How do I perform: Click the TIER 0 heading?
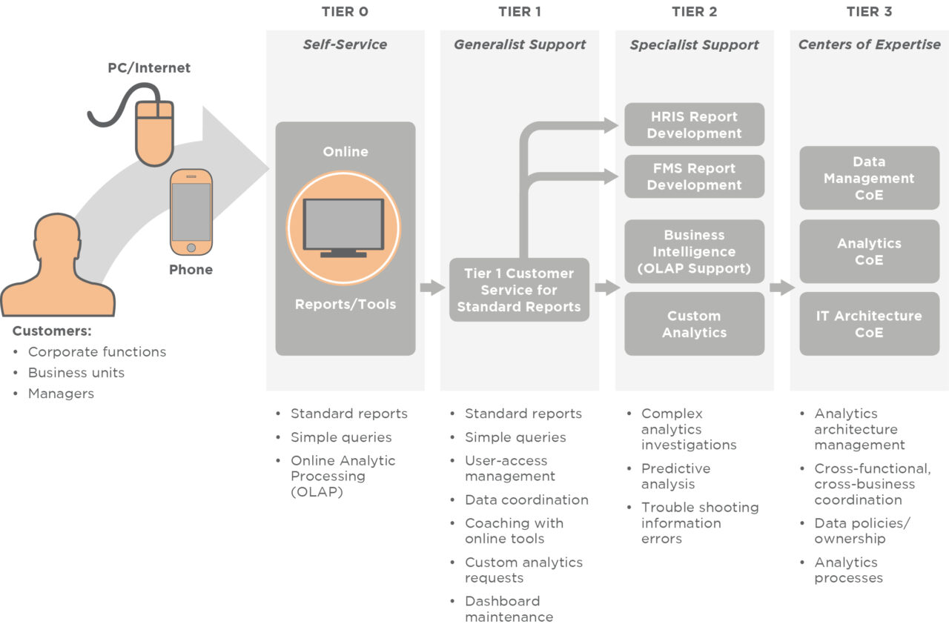345,12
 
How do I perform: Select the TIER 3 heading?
869,12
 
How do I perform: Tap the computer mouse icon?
153,133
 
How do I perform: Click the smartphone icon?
191,212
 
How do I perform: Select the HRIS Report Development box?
694,125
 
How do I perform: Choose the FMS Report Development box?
694,176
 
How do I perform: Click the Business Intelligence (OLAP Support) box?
694,251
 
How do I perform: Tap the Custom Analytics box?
694,324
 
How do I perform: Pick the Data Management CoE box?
869,178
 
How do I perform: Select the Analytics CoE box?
869,251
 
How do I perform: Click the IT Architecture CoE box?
869,324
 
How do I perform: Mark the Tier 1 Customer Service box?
519,290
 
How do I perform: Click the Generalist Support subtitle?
520,44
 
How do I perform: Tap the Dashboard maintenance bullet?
509,608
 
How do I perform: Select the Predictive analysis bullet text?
675,476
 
